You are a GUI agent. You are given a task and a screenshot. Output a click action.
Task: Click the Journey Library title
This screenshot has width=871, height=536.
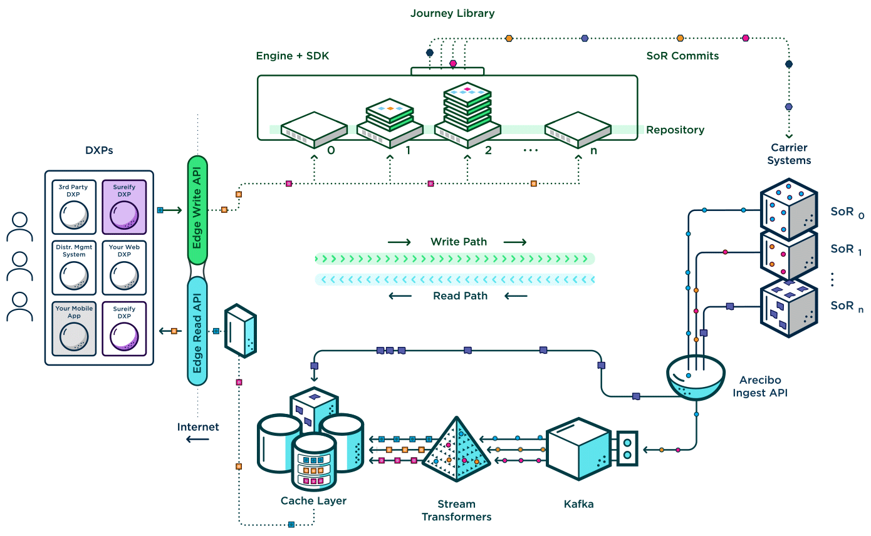(x=452, y=13)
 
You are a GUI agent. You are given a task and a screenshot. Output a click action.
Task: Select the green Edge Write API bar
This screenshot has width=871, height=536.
(x=197, y=210)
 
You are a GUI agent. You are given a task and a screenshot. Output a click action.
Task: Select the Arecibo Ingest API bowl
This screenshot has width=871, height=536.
(x=696, y=379)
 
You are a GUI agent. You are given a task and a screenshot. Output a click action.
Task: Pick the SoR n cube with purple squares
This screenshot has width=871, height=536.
(x=788, y=307)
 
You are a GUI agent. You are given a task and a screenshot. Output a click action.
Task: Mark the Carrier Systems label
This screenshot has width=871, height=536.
(x=789, y=154)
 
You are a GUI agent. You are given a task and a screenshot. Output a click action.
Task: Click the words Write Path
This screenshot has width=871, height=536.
(x=458, y=242)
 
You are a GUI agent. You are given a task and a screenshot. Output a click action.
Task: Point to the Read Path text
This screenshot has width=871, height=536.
(x=460, y=296)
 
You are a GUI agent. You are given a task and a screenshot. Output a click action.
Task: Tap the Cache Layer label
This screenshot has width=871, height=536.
(x=313, y=501)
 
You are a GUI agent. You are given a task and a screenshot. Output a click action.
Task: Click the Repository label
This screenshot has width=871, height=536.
(x=675, y=130)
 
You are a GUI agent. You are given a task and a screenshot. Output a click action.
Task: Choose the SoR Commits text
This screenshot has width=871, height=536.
(x=682, y=56)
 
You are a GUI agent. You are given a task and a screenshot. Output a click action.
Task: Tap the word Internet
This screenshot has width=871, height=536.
(x=198, y=427)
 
